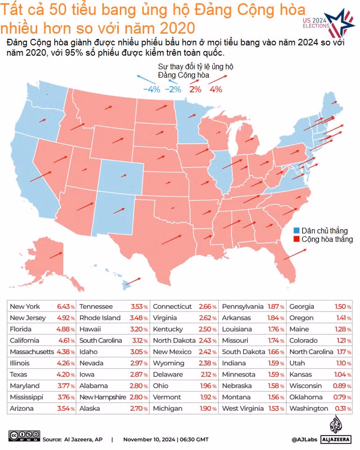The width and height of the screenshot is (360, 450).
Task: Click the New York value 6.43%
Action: coord(66,306)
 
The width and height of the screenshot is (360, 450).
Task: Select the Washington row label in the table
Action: coord(309,408)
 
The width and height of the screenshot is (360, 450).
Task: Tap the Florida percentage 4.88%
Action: coord(65,329)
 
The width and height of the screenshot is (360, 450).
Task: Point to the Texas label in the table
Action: coord(18,375)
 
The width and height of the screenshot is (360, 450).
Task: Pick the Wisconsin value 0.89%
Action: coord(342,386)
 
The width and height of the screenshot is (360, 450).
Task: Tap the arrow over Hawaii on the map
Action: coord(133,281)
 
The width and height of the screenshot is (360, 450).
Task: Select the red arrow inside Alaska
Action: coord(56,255)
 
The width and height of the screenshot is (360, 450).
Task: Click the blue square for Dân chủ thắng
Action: coord(296,231)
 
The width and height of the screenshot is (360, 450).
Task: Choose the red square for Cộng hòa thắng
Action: coord(296,239)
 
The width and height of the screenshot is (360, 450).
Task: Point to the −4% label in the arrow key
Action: coord(151,89)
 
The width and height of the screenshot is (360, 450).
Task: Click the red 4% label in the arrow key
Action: coord(216,89)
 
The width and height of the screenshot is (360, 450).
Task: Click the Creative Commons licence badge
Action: coord(24,435)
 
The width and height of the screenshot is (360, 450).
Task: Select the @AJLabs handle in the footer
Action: coord(304,439)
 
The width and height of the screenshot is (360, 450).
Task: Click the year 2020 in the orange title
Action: coord(177,28)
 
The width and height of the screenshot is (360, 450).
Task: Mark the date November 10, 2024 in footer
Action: coord(149,439)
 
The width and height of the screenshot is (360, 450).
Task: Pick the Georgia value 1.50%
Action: coord(343,306)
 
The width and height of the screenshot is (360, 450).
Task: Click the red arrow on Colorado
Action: coord(123,175)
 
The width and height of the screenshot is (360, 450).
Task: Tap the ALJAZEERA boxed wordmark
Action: coord(336,439)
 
